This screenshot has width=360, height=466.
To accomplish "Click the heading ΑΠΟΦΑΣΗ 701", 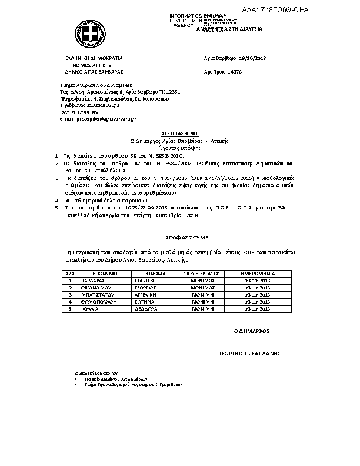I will (179, 135).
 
